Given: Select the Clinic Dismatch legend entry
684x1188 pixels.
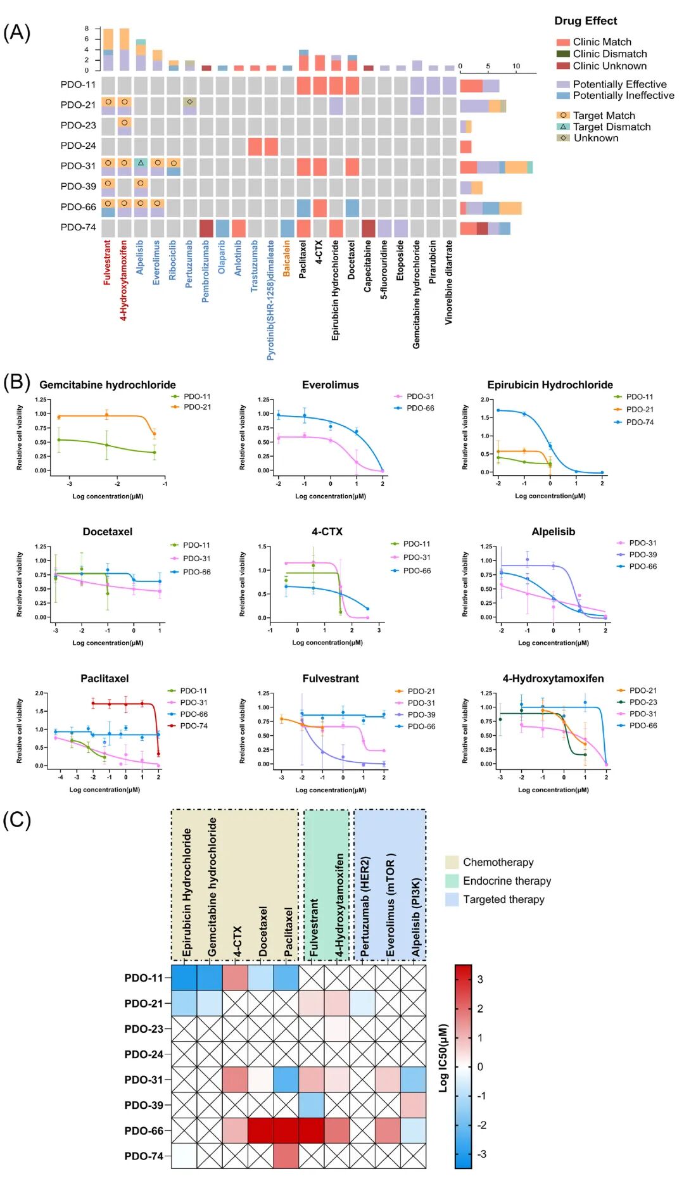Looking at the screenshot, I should coord(609,54).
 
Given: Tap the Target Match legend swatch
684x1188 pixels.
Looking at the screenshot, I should coord(563,115).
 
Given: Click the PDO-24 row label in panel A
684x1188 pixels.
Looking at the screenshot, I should coord(78,146).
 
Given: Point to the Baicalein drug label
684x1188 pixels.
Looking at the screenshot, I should coord(286,258).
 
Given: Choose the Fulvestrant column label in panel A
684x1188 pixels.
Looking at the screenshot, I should coord(107,262).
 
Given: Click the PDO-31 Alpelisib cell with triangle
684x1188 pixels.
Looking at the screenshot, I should coord(141,163).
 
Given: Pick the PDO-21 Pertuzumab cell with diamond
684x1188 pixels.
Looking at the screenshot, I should coord(189,102).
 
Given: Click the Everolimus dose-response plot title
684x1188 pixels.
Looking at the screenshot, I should coord(330,385).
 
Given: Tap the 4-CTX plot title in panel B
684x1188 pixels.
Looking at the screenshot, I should coord(327,532).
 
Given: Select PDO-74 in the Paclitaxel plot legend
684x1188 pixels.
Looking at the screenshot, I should coord(193,726).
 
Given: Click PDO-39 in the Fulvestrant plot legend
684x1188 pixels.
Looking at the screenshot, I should coord(421,715).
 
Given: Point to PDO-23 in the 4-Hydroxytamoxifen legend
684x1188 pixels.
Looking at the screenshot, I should coord(643,702).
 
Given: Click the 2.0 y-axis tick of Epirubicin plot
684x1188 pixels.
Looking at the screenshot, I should coord(485,400).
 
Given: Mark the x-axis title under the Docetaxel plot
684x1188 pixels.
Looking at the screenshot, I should coord(108,643).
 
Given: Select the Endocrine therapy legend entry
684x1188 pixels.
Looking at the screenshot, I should coord(507,881).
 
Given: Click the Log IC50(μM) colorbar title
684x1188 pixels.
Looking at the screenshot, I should coord(443,1058).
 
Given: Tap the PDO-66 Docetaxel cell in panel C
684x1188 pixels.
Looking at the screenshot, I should coord(260,1130).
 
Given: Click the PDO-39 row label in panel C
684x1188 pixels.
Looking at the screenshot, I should coord(144,1105).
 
